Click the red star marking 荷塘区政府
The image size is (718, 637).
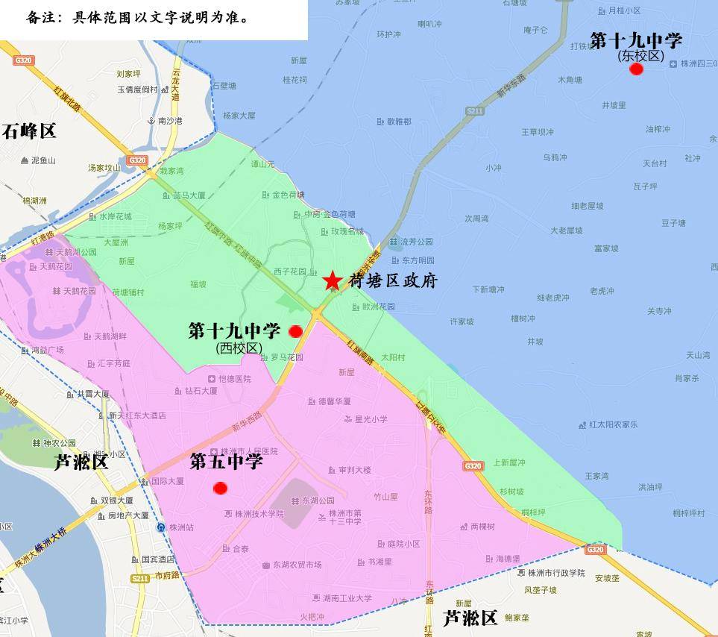(332, 280)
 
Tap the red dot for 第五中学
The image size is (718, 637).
(220, 489)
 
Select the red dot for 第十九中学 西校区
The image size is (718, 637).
(295, 330)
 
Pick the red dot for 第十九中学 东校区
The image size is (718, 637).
(636, 69)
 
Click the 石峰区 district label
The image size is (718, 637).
(29, 132)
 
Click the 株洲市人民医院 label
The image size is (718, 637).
(249, 451)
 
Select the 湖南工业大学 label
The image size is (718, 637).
(347, 598)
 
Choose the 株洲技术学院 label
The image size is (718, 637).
(259, 514)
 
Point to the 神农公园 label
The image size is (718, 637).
(59, 444)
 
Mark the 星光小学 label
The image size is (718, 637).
(371, 419)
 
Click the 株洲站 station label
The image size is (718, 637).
(181, 527)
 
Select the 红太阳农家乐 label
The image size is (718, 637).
(613, 425)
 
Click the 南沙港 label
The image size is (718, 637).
(170, 121)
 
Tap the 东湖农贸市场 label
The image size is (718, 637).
(297, 565)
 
